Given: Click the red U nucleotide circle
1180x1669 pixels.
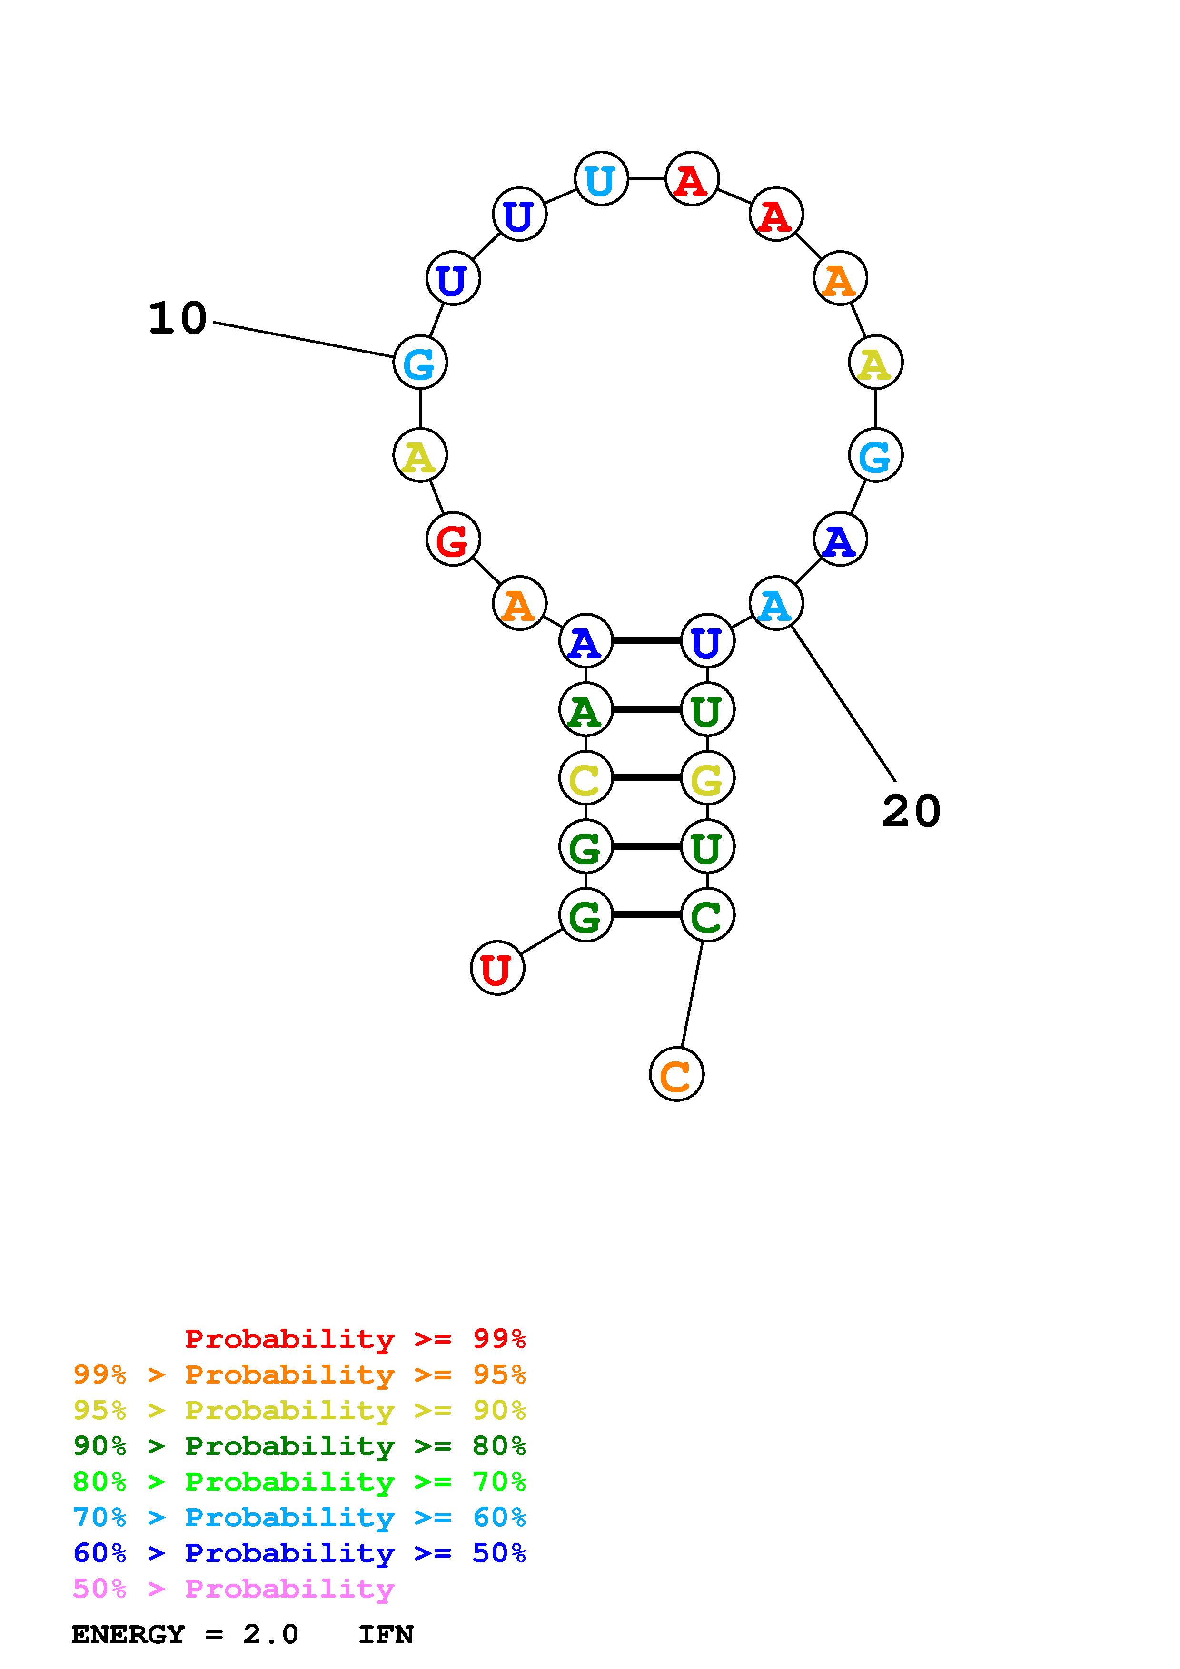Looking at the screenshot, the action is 497,968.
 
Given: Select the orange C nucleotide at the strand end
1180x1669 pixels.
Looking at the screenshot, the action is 676,1074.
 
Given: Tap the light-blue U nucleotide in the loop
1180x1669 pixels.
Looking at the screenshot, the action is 601,179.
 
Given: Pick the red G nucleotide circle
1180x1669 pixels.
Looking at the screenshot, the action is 453,540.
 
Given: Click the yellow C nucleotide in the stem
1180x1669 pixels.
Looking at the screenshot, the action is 585,778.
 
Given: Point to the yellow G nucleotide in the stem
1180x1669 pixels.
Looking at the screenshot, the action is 707,778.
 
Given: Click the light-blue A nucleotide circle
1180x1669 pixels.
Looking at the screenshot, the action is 776,603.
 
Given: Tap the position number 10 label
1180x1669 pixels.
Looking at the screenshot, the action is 178,319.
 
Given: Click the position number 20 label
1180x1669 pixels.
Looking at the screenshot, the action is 911,811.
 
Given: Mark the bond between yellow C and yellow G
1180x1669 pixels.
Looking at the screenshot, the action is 646,778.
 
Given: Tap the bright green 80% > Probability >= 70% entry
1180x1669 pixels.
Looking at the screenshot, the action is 299,1482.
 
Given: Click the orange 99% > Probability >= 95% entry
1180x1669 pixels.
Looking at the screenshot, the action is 299,1374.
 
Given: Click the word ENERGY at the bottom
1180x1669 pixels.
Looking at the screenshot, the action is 128,1635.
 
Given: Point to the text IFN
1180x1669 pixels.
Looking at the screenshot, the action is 386,1635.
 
